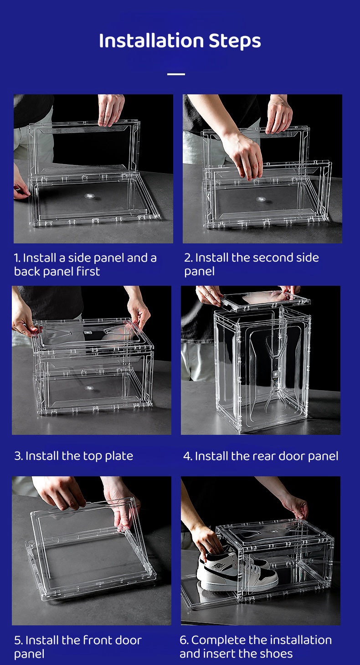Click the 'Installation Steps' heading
(180, 41)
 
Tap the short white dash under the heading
(176, 74)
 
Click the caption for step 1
(85, 264)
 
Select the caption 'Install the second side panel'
(251, 264)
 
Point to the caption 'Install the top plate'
(74, 456)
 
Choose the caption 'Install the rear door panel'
(261, 456)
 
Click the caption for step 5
(78, 647)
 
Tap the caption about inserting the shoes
(255, 647)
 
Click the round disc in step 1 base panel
(89, 196)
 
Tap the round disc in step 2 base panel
(261, 199)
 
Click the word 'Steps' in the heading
(235, 41)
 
